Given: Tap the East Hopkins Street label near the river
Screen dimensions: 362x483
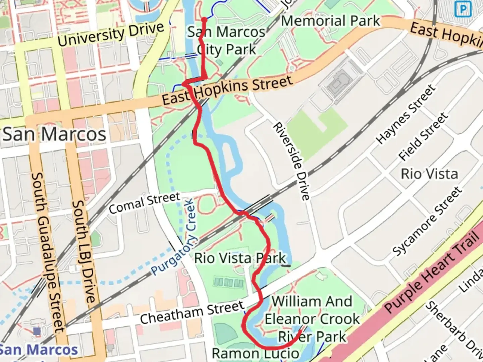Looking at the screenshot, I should click(227, 90).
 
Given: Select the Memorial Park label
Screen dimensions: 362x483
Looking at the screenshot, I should click(330, 21).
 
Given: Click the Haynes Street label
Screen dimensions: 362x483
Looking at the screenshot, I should click(406, 115).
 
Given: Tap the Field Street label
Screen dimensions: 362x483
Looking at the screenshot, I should click(423, 136).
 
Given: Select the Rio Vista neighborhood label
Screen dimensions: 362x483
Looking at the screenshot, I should click(429, 174).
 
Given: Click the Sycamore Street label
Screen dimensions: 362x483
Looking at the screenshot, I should click(427, 222).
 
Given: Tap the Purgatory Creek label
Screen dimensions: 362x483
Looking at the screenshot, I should click(173, 237).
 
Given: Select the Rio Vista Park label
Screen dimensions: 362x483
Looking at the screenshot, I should click(240, 258).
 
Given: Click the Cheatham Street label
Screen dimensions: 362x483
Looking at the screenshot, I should click(192, 312).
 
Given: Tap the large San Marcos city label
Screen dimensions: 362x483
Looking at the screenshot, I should click(54, 134).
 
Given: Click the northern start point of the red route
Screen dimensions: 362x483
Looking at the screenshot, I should click(204, 19).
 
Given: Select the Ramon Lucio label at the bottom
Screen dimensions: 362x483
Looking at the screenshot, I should click(256, 353).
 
